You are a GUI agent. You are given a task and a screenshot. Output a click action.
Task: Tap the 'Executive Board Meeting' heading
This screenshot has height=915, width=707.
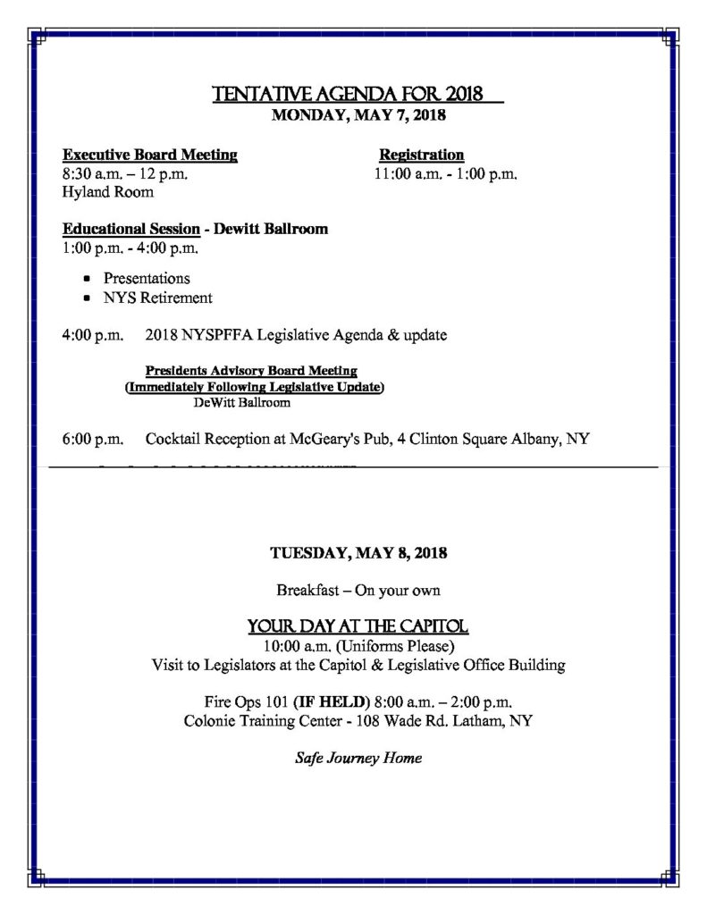[150, 155]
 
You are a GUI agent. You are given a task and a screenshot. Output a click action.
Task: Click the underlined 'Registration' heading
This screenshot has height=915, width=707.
[421, 155]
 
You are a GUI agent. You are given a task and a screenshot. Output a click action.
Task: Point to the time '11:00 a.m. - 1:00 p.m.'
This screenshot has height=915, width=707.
[446, 173]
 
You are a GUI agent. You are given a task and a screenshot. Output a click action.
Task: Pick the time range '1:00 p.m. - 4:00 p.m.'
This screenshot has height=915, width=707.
[130, 247]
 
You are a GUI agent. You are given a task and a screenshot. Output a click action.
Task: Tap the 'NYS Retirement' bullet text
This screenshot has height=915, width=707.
[157, 298]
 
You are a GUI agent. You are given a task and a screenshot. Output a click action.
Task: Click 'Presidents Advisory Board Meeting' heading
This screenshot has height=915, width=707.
[251, 370]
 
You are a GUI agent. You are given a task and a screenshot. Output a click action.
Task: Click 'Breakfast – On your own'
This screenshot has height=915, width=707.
[358, 591]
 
